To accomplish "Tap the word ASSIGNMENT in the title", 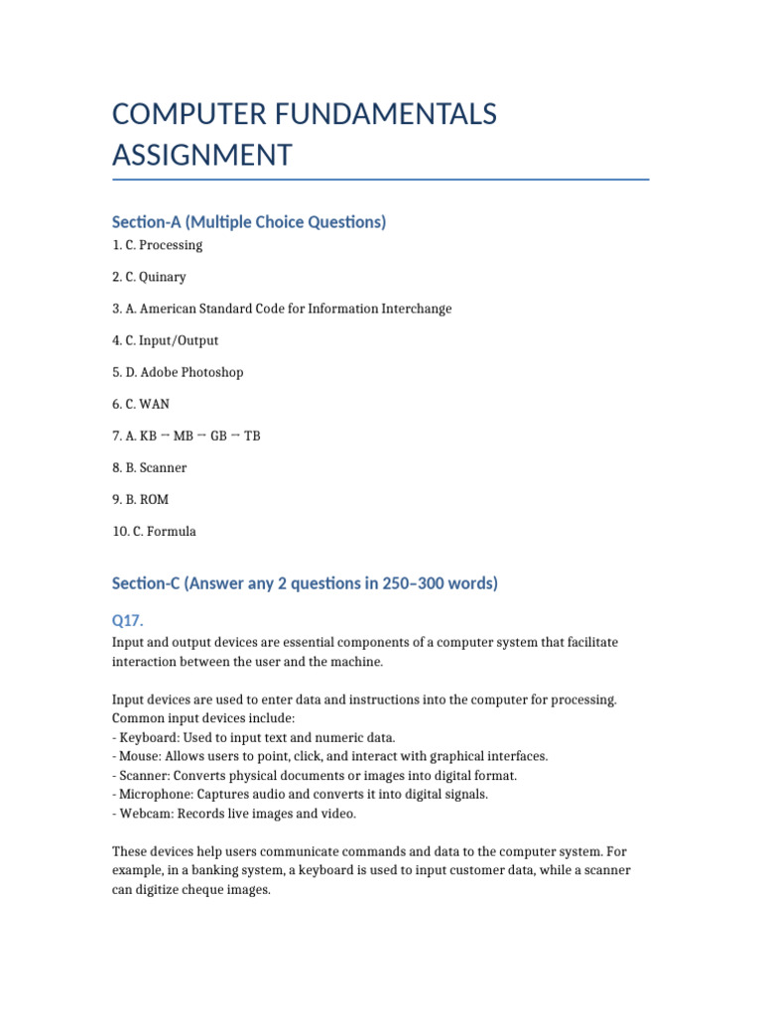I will click(202, 155).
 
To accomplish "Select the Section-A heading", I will click(249, 221).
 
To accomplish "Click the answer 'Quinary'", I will click(166, 277).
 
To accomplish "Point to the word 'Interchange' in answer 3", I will click(417, 309).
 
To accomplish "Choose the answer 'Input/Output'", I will click(182, 340).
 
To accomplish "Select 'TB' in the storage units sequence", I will click(252, 436).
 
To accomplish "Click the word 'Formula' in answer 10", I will click(174, 531).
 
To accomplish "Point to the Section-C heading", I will click(305, 583).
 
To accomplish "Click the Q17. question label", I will click(128, 620).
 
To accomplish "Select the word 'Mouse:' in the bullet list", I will click(139, 756).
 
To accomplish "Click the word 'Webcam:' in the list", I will click(144, 814).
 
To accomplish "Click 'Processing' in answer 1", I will click(174, 245).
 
